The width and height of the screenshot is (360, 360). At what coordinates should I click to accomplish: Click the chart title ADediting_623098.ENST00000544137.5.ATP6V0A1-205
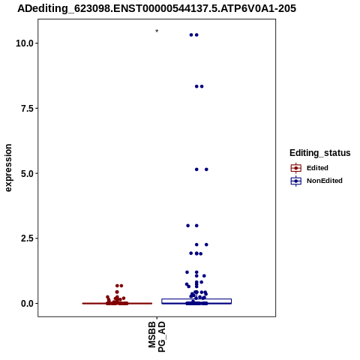(x=157, y=8)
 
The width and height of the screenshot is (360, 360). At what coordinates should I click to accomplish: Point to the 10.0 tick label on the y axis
(x=25, y=43)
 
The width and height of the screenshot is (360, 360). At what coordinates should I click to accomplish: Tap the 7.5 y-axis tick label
(x=27, y=109)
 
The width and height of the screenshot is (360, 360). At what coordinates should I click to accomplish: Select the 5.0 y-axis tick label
(x=27, y=173)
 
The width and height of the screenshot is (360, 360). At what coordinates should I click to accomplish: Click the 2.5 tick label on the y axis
(x=27, y=238)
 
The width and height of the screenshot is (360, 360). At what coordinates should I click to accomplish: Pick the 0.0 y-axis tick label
(x=27, y=304)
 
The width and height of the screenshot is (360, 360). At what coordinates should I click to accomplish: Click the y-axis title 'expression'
(x=8, y=168)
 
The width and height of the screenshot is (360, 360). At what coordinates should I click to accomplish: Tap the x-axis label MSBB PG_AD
(x=157, y=337)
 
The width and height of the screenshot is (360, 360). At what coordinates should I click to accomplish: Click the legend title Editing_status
(x=320, y=153)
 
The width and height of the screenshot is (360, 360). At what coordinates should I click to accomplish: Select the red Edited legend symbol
(x=296, y=168)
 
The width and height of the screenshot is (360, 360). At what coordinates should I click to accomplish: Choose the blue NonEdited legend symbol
(x=296, y=181)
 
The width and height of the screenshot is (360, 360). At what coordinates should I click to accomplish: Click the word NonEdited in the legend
(x=325, y=181)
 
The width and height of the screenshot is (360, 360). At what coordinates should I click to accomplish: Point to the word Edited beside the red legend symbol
(x=317, y=168)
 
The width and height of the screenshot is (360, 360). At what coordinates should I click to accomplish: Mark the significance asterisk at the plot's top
(x=157, y=31)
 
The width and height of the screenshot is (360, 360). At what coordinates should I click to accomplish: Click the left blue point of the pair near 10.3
(x=191, y=35)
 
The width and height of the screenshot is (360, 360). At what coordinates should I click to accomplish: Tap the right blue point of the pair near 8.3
(x=202, y=86)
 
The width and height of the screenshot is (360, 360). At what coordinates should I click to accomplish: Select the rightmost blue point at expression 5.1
(x=206, y=169)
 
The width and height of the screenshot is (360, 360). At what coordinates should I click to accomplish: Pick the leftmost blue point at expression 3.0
(x=188, y=226)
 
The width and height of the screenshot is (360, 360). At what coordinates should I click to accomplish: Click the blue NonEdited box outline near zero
(x=196, y=299)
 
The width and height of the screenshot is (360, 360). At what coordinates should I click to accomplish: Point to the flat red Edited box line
(x=117, y=304)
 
